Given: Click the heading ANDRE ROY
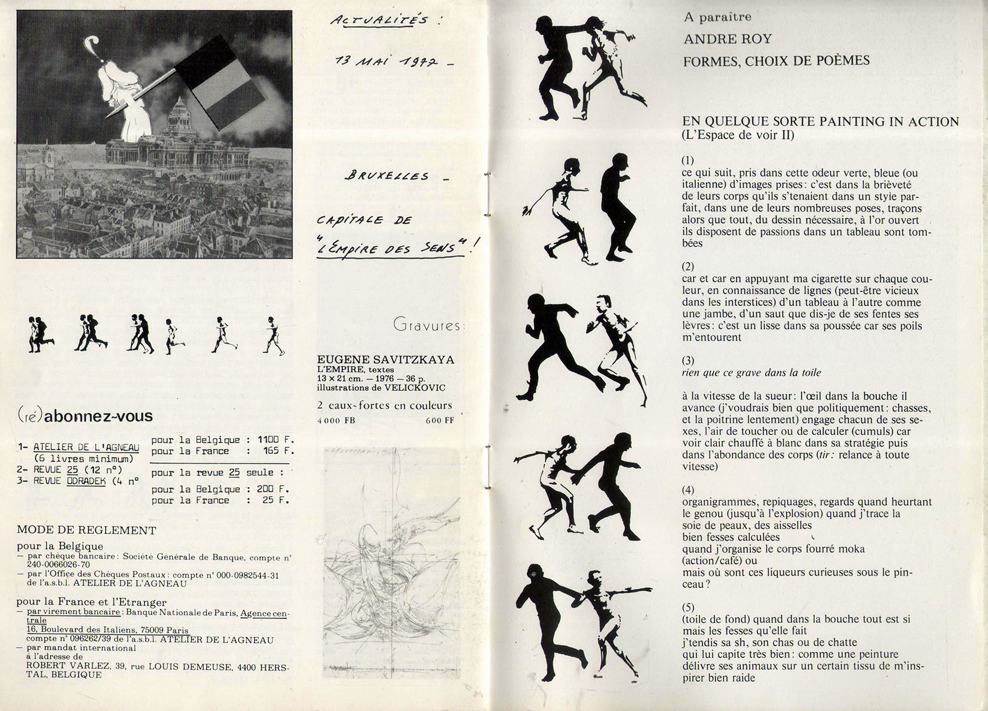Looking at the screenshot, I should pos(727,39).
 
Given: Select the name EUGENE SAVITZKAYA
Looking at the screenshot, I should pos(385,360).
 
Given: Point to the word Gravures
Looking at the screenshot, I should pos(428,325).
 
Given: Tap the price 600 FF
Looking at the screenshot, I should pos(440,421).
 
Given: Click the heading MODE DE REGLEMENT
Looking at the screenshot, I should pos(87,530).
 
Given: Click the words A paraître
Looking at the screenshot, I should pos(717,17).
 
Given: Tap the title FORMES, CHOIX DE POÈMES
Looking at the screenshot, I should pos(776,60).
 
